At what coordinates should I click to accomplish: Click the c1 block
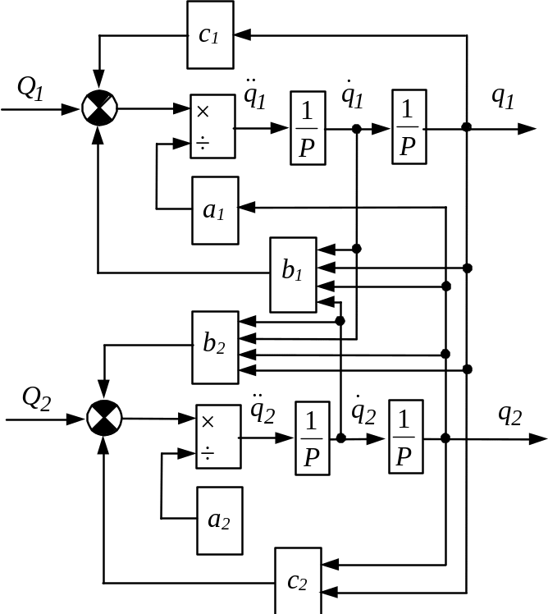211,34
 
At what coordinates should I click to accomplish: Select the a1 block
215,211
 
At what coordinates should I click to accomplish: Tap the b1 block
293,275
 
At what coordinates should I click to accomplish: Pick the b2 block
215,348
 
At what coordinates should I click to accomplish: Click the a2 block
220,520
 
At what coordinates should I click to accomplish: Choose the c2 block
299,580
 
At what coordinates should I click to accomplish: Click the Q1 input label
30,88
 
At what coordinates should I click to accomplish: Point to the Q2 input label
36,399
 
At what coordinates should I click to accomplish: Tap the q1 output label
503,98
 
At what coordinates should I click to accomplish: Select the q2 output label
510,415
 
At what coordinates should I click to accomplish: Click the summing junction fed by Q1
100,108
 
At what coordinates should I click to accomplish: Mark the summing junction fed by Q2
104,418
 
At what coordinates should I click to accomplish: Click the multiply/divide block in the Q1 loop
213,126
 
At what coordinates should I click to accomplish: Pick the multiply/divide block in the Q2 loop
218,436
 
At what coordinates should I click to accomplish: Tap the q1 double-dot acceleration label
254,94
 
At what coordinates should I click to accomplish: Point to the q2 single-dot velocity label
363,410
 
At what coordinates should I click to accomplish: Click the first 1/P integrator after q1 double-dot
308,128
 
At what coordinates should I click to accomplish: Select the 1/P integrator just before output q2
406,437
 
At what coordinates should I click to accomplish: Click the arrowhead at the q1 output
527,128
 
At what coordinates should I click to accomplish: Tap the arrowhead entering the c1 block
243,34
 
